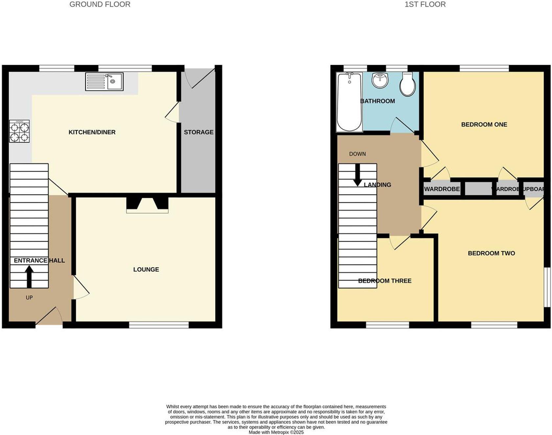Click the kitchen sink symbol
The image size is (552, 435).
(104, 82)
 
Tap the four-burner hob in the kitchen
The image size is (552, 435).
(19, 132)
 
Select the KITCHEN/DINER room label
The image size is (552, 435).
(92, 132)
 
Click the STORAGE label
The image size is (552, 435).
(198, 132)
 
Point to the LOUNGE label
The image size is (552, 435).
(146, 270)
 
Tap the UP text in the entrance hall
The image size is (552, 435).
(29, 298)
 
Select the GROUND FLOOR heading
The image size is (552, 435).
(100, 5)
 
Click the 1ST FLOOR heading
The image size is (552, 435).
(425, 5)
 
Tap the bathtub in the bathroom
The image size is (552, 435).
(349, 102)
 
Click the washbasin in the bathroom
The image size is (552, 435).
(380, 80)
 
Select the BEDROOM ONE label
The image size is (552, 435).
(484, 125)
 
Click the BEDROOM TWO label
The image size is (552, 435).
(491, 253)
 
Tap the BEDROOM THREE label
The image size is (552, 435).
(385, 281)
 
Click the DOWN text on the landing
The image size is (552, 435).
(357, 154)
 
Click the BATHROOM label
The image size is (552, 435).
(378, 101)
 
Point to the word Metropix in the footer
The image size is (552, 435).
(280, 432)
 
